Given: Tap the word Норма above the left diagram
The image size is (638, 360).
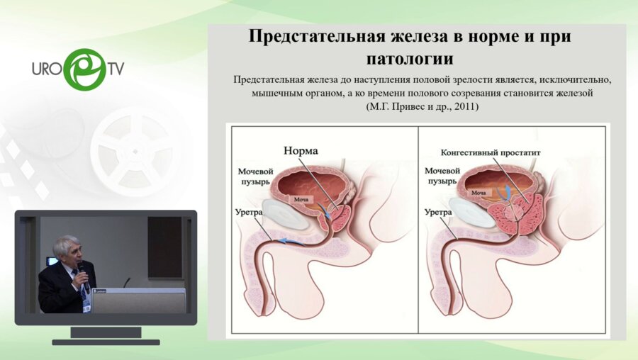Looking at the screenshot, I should tap(301, 151).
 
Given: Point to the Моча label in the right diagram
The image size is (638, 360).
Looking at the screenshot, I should tap(479, 192).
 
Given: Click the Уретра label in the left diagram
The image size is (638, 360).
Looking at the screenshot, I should tap(250, 211).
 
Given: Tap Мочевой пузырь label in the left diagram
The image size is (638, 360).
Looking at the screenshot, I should tap(254, 176).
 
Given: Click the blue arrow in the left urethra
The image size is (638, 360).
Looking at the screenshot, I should tap(291, 242).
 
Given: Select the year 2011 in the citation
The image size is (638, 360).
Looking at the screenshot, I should tap(463, 107).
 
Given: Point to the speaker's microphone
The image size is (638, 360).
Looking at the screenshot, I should tap(81, 267).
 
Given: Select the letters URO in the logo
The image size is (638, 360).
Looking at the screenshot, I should tap(48, 70).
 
